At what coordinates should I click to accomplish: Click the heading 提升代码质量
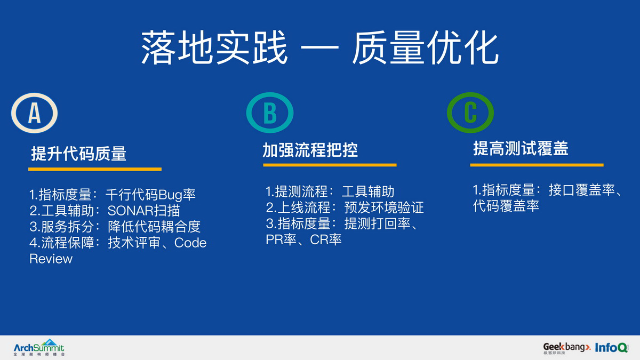[78, 154]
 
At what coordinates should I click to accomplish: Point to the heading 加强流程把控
[310, 150]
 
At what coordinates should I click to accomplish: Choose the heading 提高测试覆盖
[521, 149]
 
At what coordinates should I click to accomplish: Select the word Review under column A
[51, 259]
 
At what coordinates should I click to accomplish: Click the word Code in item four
[190, 243]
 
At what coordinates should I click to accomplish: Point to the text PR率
[281, 239]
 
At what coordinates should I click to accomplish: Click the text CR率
[326, 239]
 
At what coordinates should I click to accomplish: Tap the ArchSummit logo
[39, 348]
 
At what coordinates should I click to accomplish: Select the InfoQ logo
[611, 347]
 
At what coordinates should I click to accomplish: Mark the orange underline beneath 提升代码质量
[95, 169]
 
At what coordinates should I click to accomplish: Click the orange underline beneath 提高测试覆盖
[537, 165]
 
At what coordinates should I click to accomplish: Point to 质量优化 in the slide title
[426, 47]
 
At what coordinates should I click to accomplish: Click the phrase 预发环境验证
[383, 207]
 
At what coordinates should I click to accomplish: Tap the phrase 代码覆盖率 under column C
[506, 206]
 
